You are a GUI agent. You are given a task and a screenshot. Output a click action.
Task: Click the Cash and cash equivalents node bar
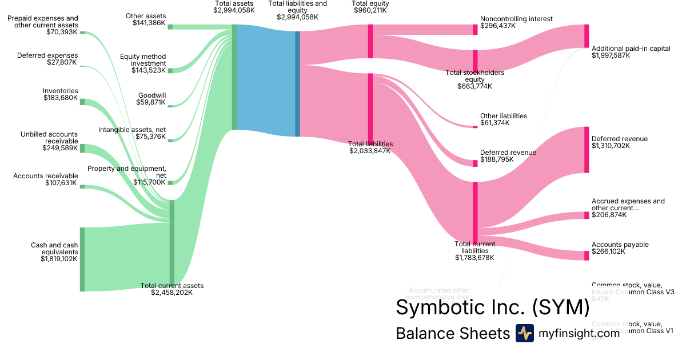(x=82, y=259)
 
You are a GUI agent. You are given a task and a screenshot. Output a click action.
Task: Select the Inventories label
(x=61, y=91)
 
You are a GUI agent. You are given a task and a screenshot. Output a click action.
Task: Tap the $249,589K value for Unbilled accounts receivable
(x=60, y=148)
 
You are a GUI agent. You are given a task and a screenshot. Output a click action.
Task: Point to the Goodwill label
(x=152, y=95)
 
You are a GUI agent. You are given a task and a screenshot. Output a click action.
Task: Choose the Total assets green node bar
(x=234, y=77)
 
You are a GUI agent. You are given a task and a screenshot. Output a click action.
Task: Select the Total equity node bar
(x=370, y=41)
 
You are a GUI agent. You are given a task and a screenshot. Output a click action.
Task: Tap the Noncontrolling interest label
(x=516, y=19)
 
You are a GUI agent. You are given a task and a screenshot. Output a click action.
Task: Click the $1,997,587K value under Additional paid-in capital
(x=611, y=56)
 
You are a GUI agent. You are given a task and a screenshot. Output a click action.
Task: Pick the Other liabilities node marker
(x=474, y=126)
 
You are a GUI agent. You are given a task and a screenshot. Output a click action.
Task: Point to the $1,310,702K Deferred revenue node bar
(x=586, y=150)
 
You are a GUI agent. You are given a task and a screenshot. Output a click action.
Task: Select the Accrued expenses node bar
(x=586, y=215)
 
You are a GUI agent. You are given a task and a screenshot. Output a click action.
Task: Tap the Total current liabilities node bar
(x=474, y=213)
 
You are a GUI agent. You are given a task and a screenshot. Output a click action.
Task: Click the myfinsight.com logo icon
(x=524, y=333)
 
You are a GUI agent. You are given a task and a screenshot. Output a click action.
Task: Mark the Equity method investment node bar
(x=170, y=70)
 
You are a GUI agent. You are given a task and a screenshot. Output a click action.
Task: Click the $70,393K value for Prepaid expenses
(x=62, y=32)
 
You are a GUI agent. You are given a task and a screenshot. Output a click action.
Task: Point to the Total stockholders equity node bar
(x=474, y=60)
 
